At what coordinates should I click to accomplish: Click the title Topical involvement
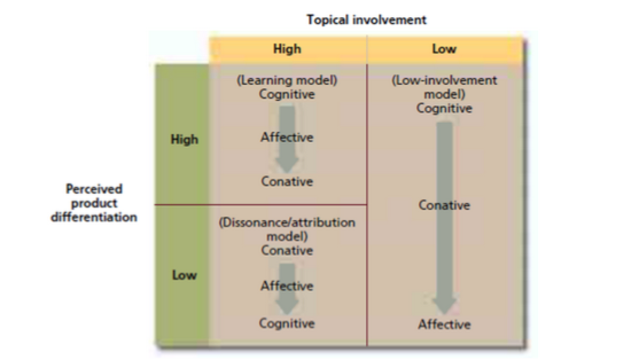367,20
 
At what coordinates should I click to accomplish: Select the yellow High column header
287,49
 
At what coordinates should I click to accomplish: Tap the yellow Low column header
444,49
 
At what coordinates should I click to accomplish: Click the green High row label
184,139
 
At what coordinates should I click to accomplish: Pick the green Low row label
184,275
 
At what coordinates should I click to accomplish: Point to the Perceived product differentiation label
94,203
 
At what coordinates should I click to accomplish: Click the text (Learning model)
287,81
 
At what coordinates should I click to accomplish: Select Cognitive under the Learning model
287,95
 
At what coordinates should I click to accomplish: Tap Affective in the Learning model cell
287,138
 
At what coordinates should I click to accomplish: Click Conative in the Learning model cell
287,182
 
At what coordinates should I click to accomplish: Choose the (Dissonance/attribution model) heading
287,229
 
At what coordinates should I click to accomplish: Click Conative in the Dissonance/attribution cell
287,251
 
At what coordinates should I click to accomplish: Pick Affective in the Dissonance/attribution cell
287,285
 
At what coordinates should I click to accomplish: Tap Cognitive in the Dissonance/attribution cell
287,323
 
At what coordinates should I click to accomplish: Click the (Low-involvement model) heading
444,87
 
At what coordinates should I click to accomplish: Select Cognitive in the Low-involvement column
444,108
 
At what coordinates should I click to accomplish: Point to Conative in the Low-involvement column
444,205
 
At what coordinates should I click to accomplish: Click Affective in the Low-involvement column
444,324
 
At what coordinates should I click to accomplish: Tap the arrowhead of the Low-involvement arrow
444,306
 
